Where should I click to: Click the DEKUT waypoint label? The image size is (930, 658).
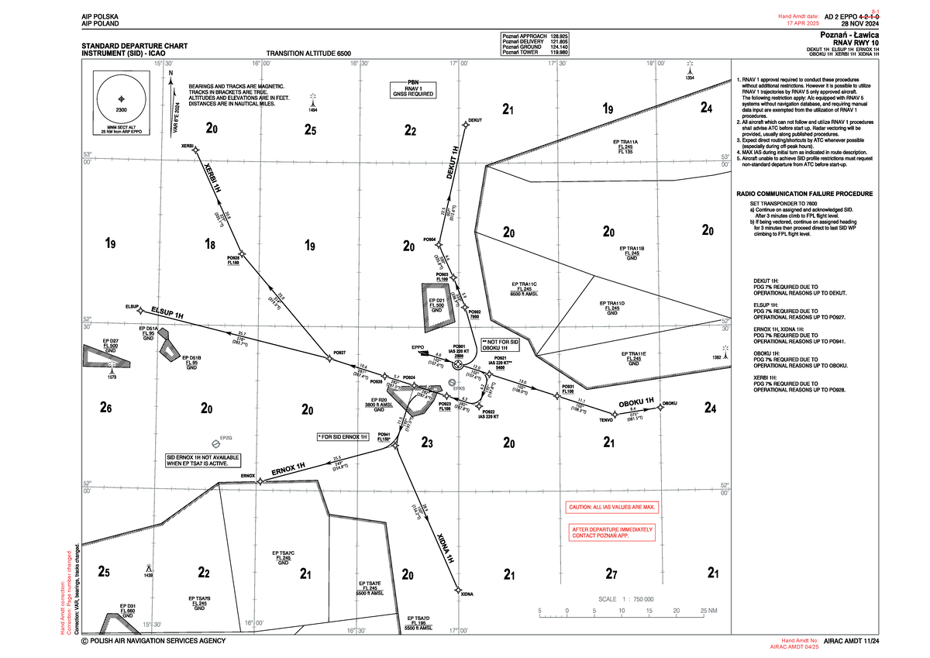[x=475, y=121]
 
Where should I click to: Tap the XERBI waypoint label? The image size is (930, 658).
[x=188, y=146]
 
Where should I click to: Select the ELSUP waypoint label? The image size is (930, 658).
[x=131, y=307]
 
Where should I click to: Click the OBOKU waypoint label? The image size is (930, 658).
[x=671, y=403]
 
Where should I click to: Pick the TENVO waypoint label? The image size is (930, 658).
[x=606, y=421]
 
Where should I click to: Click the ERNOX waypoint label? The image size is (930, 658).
[x=247, y=474]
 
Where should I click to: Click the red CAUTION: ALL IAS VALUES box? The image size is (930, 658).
[x=613, y=508]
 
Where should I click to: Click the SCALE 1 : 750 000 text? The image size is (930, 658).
[x=627, y=599]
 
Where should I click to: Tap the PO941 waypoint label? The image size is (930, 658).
[x=384, y=436]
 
